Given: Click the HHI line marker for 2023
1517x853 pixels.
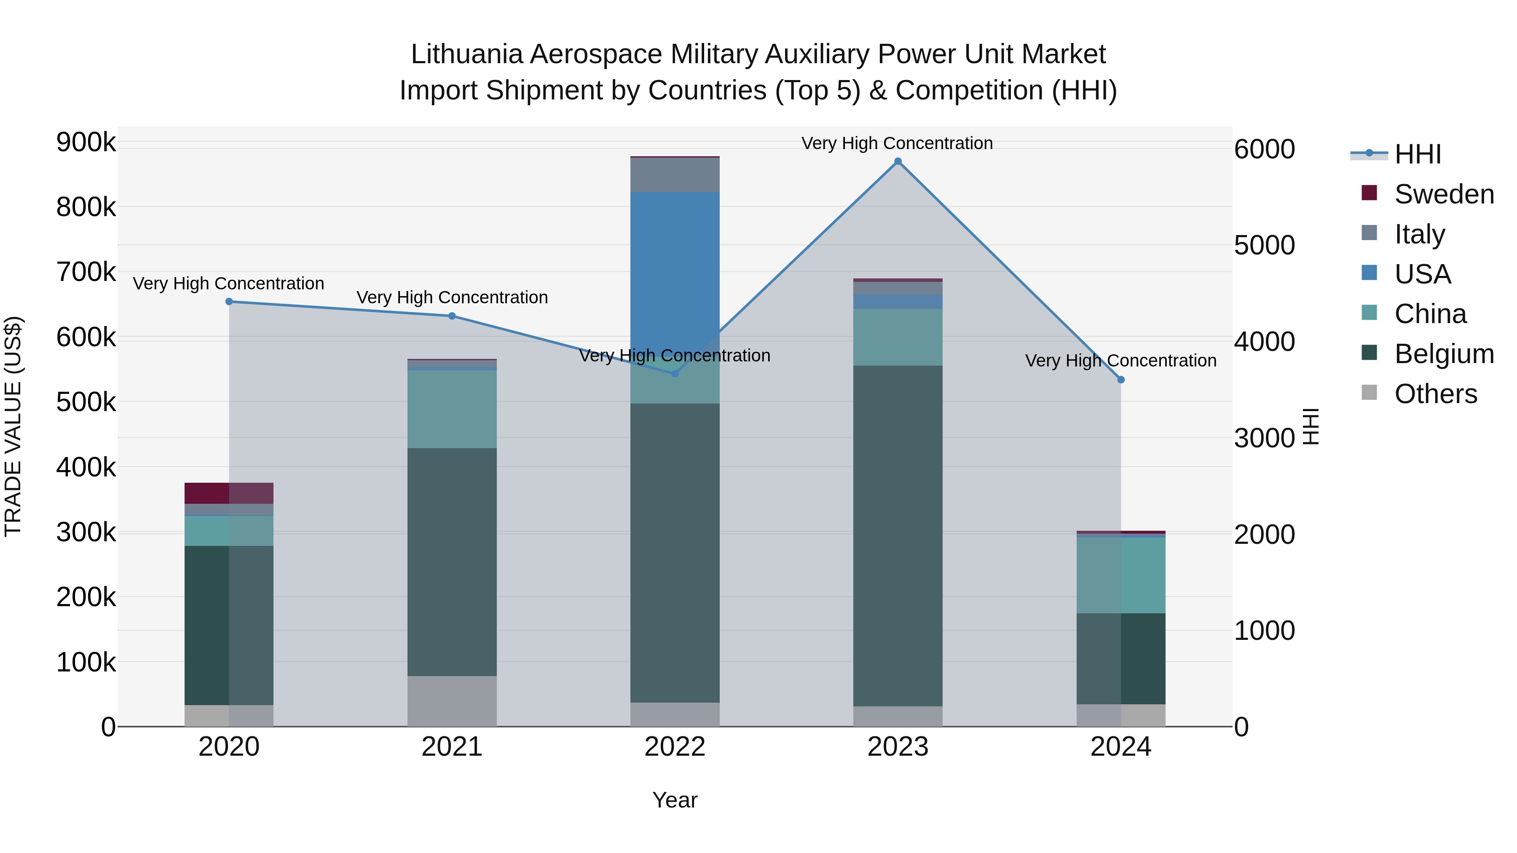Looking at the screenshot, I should [x=898, y=161].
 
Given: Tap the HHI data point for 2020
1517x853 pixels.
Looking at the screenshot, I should [x=229, y=302].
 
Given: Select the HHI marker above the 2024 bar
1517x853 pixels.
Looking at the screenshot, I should [x=1120, y=380].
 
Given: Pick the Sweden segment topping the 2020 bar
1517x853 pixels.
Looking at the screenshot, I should [x=229, y=493].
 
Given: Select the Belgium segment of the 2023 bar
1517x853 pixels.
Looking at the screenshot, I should [x=898, y=536].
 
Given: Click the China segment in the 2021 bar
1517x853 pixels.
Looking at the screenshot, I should [x=452, y=409].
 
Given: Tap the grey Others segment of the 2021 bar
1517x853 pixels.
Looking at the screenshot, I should [x=452, y=701].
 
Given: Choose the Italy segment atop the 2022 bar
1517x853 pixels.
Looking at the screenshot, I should [x=675, y=175].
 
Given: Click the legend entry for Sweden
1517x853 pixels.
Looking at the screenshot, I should [x=1443, y=194].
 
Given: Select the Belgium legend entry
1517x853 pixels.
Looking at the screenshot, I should [x=1443, y=354].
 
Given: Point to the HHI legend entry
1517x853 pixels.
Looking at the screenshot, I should [x=1418, y=154].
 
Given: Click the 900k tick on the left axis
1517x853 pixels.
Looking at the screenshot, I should [x=86, y=142].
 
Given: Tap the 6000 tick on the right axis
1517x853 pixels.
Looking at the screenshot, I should [x=1264, y=149].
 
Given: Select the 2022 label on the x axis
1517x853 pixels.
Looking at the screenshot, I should [x=675, y=747].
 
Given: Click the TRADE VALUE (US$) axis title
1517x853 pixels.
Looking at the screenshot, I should [x=13, y=426].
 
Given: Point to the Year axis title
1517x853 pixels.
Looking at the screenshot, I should [x=675, y=800].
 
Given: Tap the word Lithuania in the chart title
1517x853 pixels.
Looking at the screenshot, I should [x=466, y=54].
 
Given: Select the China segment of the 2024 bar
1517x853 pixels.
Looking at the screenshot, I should [x=1120, y=575].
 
